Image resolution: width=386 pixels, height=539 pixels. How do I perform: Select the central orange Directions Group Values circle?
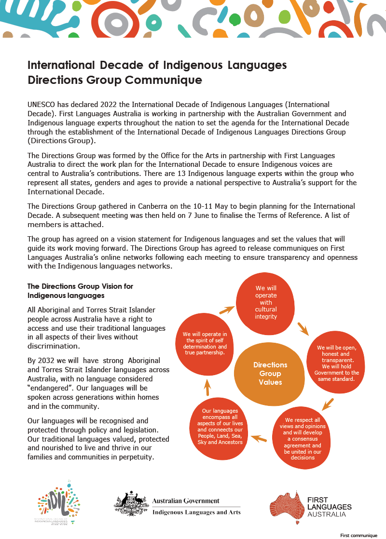tap(270, 374)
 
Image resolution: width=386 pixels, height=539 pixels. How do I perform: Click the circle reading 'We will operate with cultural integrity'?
tap(266, 302)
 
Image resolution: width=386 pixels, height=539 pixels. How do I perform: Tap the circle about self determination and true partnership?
tap(205, 343)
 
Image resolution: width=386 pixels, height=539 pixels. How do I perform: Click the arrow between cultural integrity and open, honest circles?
tap(303, 329)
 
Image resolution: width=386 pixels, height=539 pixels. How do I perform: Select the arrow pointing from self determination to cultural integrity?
tap(226, 310)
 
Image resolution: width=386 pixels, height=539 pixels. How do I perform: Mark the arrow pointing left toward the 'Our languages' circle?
tap(259, 439)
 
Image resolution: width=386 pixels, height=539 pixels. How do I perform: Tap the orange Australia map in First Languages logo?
tap(286, 506)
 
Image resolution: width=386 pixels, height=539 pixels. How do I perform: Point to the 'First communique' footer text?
tap(358, 535)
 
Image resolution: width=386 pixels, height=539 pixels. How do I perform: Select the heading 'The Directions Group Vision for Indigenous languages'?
tap(80, 291)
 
